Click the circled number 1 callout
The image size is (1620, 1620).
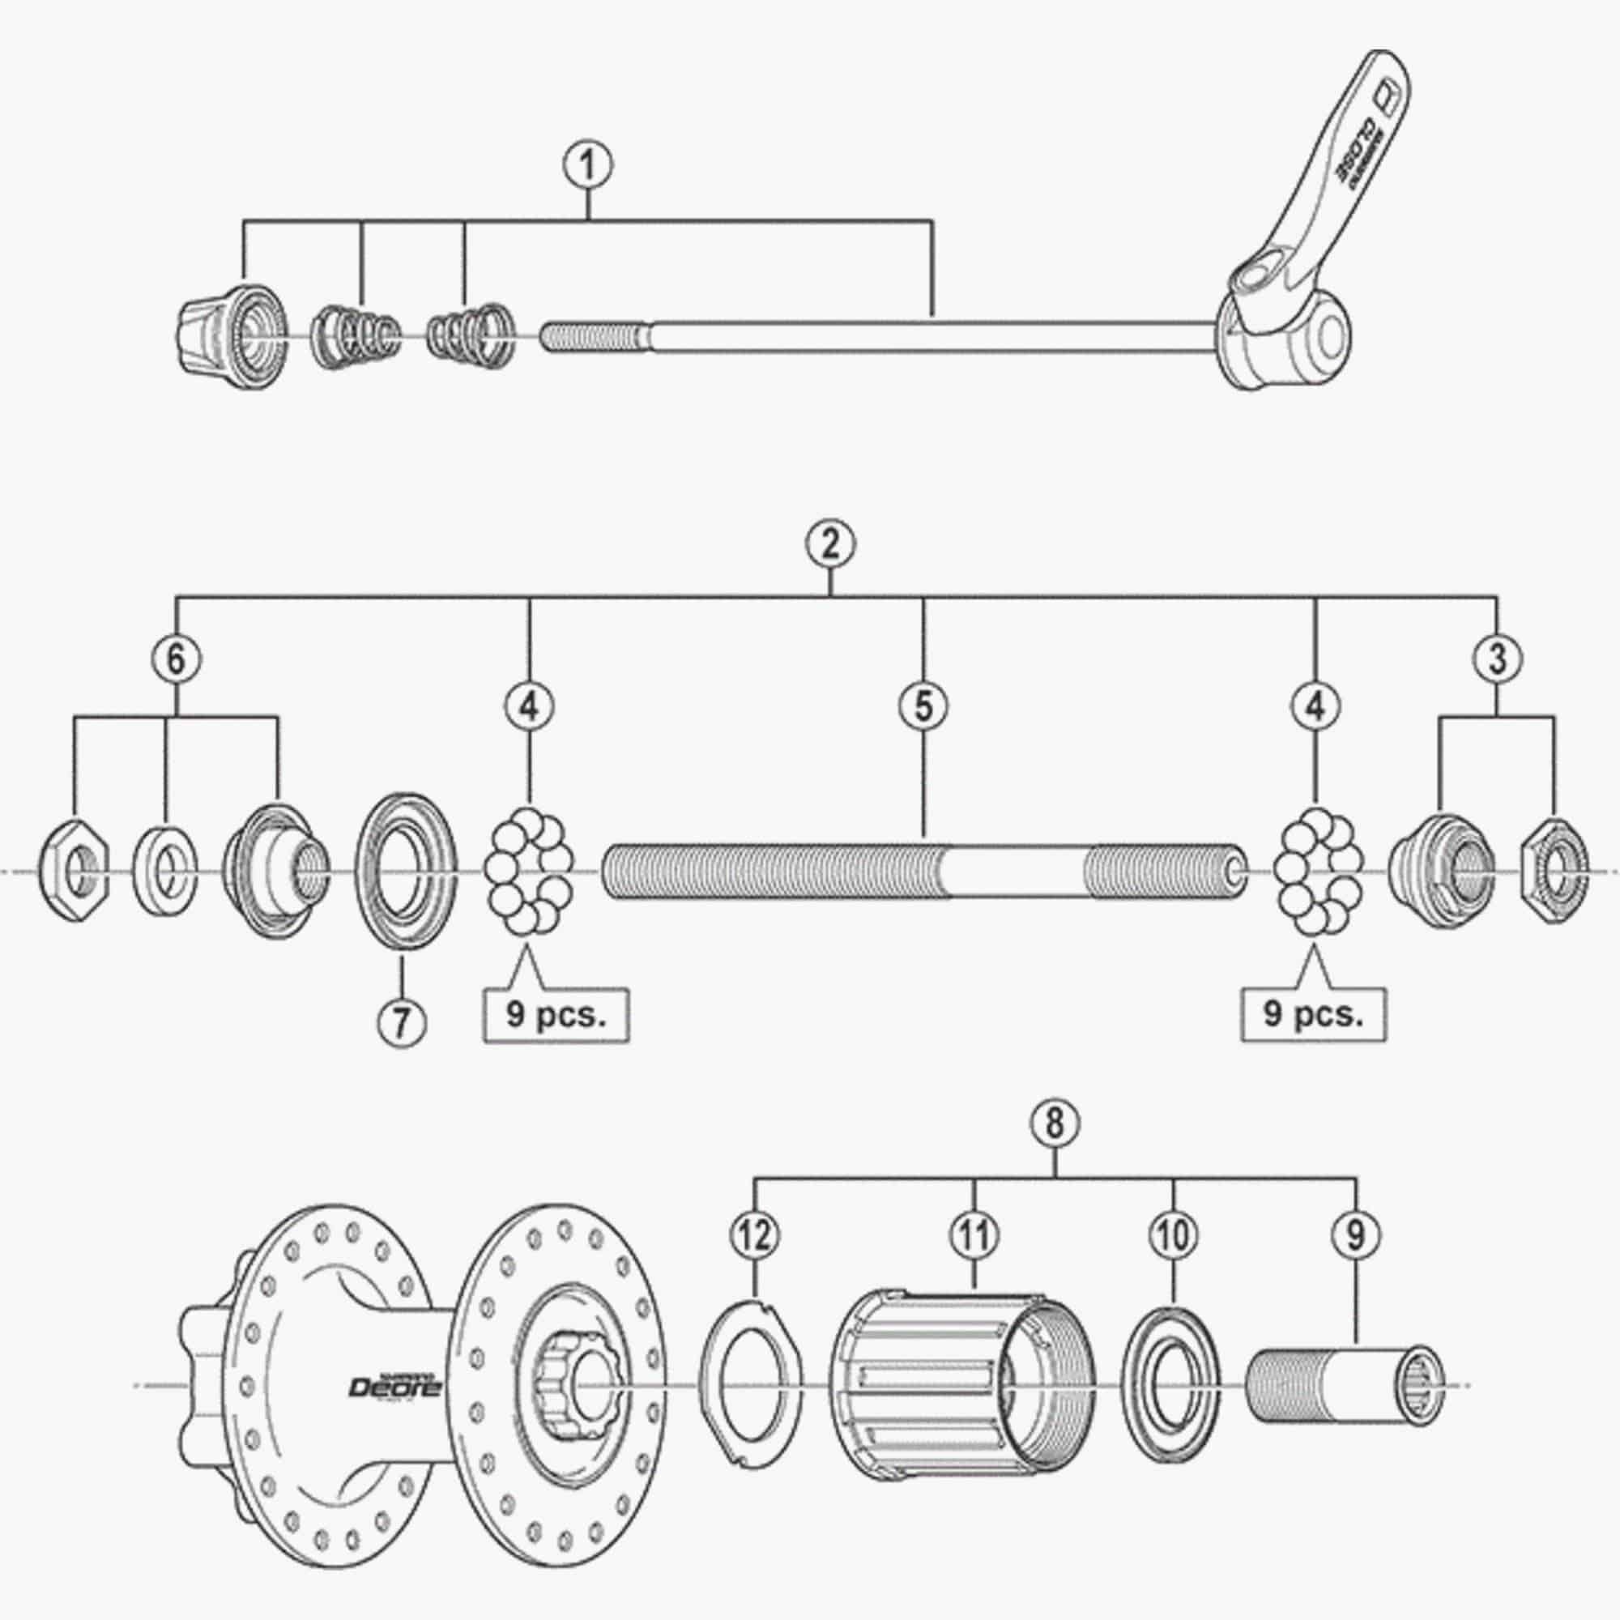coord(587,166)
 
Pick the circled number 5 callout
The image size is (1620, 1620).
coord(923,706)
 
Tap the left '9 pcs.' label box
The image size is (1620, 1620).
coord(555,1015)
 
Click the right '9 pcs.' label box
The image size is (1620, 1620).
coord(1313,1015)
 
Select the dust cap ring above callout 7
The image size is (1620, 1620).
coord(406,871)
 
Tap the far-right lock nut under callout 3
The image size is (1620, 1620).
coord(1554,868)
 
